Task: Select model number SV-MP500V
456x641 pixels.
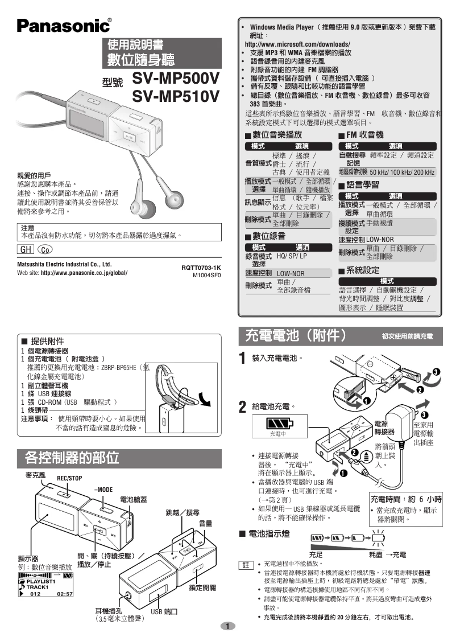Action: click(175, 78)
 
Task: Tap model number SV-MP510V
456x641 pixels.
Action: click(175, 97)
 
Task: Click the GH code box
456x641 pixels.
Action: click(26, 249)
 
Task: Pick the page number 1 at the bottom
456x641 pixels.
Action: click(227, 627)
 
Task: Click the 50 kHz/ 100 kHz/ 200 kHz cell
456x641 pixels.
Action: click(401, 172)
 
